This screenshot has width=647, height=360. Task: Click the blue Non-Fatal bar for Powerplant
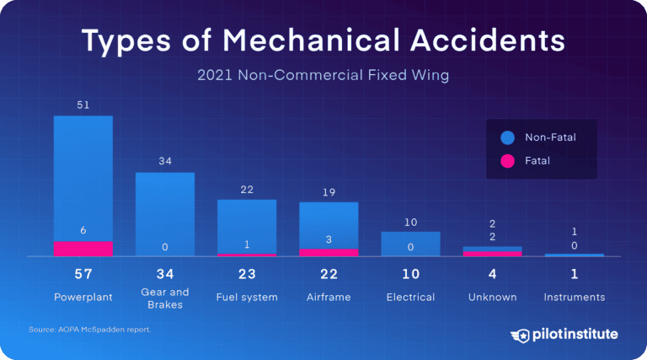[83, 177]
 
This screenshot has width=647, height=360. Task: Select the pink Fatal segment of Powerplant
[83, 249]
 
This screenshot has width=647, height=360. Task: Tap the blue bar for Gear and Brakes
[165, 211]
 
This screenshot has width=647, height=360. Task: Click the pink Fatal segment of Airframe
[329, 252]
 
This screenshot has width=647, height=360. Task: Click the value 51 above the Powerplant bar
[83, 105]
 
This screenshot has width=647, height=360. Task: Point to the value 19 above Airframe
[329, 192]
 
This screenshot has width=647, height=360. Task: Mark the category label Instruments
[574, 297]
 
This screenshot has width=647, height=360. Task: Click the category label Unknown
[492, 297]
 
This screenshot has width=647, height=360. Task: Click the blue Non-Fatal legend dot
[506, 137]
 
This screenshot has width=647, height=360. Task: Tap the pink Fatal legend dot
[506, 159]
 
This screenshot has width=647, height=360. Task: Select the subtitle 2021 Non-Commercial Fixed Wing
[323, 76]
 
